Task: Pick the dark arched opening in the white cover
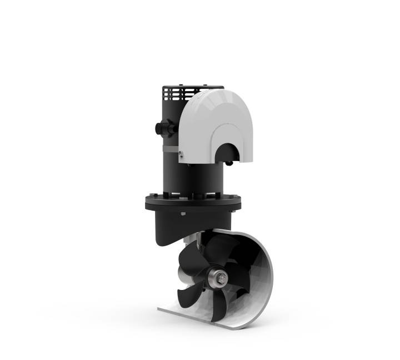229,151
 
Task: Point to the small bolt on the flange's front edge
183,214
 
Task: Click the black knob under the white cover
228,163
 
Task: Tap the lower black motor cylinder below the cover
194,178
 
